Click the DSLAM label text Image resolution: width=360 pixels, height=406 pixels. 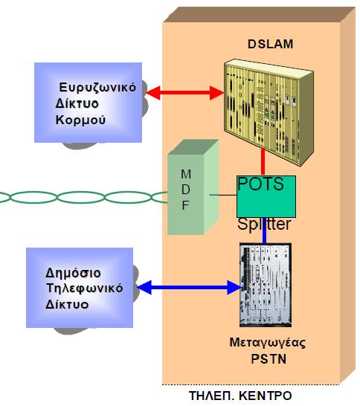[x=271, y=44]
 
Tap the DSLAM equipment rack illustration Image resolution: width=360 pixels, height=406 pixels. [x=269, y=112]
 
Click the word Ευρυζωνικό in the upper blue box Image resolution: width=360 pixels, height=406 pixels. [x=97, y=88]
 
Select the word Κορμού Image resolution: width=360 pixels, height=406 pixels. [x=80, y=120]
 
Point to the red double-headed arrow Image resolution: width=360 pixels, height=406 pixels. [x=184, y=92]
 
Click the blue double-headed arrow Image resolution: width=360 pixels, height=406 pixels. [x=188, y=287]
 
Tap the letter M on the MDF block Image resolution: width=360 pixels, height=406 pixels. [x=186, y=174]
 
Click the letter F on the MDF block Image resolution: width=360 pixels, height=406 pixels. [x=185, y=205]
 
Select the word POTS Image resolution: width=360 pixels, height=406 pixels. [x=260, y=184]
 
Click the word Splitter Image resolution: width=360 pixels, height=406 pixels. [x=264, y=224]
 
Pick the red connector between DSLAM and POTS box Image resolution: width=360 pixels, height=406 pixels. [x=263, y=161]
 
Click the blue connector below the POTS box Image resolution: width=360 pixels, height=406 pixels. [x=265, y=231]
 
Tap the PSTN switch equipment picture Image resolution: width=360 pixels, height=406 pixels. [x=266, y=285]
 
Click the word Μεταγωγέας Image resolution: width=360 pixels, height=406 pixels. [x=268, y=343]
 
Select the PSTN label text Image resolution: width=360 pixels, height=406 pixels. [x=269, y=359]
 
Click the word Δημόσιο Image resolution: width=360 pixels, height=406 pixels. [x=74, y=273]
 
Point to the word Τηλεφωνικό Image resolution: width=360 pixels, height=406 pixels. [x=85, y=289]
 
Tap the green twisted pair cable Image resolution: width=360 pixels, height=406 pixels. [x=83, y=197]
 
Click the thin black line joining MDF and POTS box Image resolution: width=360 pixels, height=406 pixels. [x=223, y=195]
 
